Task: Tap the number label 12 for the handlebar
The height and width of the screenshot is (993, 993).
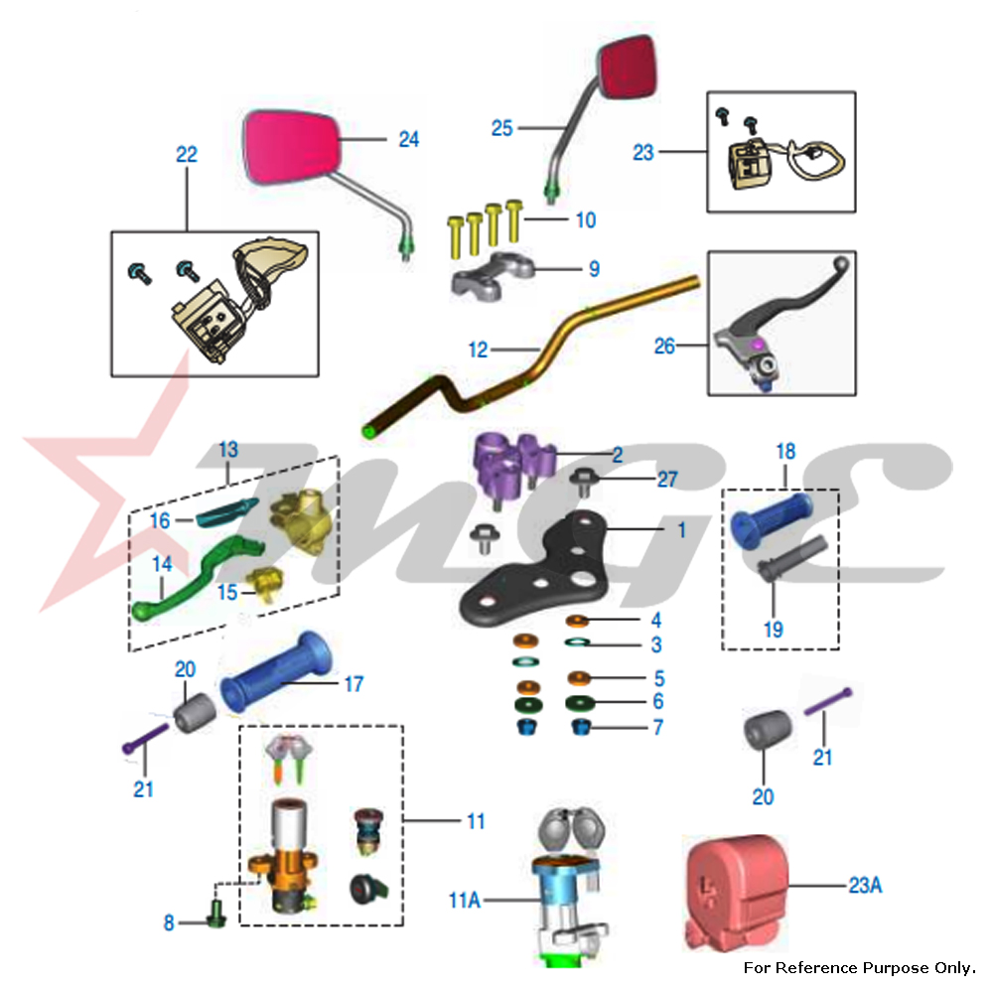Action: click(x=479, y=350)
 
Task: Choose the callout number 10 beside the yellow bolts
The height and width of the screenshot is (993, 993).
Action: click(x=586, y=219)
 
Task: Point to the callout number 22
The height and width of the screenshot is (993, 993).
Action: click(x=187, y=155)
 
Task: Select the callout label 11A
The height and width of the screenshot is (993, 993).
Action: click(x=464, y=901)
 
